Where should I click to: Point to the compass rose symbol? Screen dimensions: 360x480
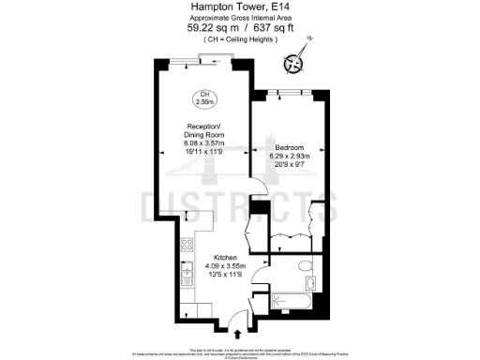coord(295,64)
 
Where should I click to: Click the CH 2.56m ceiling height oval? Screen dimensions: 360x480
coord(204,97)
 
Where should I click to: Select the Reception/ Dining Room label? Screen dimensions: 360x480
coord(204,130)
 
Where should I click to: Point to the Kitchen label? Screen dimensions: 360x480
coord(226,257)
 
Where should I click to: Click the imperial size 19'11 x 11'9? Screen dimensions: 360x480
coord(204,151)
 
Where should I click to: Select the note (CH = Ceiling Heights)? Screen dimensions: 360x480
coord(239,39)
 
